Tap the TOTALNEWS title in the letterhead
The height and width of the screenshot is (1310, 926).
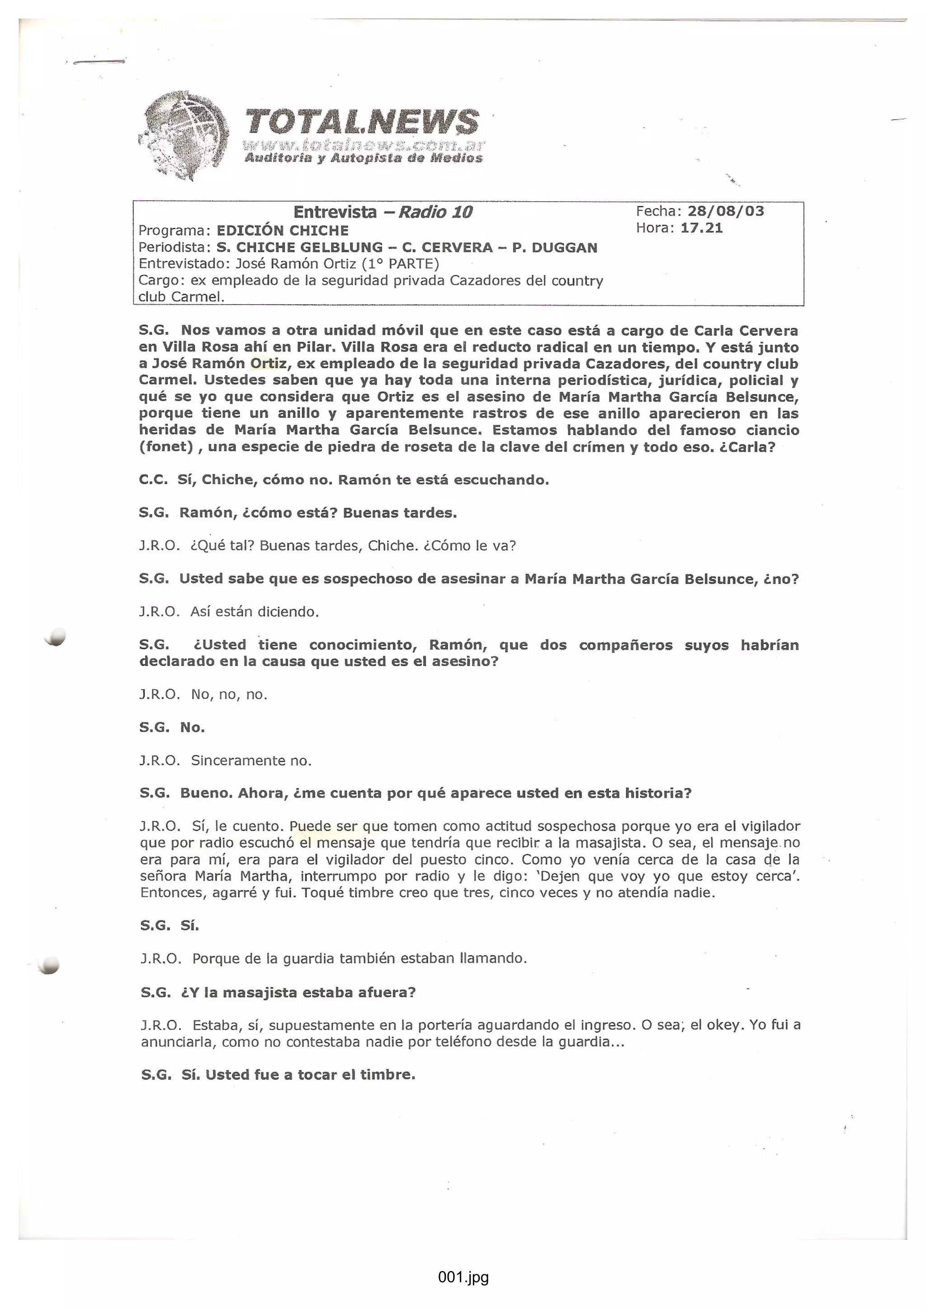pyautogui.click(x=362, y=122)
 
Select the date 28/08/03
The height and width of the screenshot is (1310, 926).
pyautogui.click(x=725, y=211)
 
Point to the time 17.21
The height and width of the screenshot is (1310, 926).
pyautogui.click(x=701, y=228)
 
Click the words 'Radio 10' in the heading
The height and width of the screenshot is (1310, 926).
pyautogui.click(x=435, y=212)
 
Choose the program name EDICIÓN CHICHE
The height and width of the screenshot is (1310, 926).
pyautogui.click(x=283, y=231)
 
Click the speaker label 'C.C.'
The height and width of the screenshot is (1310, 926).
pyautogui.click(x=153, y=480)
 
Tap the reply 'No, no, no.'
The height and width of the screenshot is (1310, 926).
pyautogui.click(x=229, y=694)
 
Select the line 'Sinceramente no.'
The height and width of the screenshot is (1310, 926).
pyautogui.click(x=251, y=761)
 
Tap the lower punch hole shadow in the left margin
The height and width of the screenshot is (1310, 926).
pyautogui.click(x=50, y=964)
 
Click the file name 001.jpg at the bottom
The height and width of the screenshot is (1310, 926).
pyautogui.click(x=463, y=1277)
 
